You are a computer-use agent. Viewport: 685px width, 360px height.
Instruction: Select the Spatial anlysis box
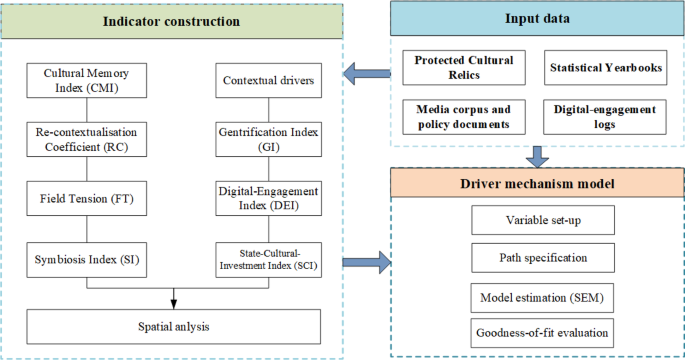pos(173,324)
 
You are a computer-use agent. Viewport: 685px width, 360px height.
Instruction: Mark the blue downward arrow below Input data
pos(537,156)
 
